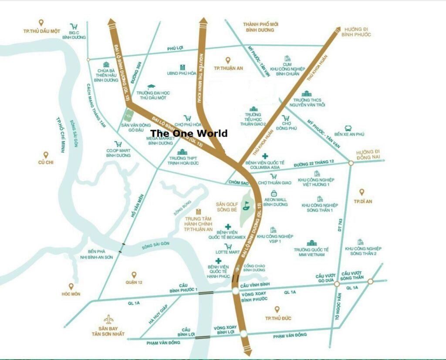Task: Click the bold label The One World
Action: [x=189, y=133]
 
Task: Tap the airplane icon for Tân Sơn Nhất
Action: [x=108, y=319]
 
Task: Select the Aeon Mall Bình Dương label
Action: [x=275, y=202]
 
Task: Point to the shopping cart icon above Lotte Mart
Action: [x=228, y=246]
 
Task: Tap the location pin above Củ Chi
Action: [x=46, y=155]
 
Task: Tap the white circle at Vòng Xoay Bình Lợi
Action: [x=243, y=334]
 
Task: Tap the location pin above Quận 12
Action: [x=134, y=275]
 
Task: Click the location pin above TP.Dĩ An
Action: [x=361, y=192]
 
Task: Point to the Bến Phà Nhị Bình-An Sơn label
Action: [x=100, y=254]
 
